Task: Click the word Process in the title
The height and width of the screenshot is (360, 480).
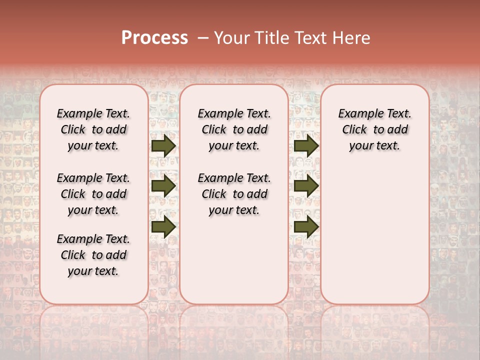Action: coord(154,38)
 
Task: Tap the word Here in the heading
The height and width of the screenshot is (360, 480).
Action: coord(351,38)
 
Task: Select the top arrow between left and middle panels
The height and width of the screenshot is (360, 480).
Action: coord(163,145)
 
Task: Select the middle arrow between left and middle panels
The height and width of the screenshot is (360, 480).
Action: coord(163,186)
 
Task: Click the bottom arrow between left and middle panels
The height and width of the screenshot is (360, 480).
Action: coord(163,226)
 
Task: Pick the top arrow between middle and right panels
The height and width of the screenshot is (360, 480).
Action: coord(306,145)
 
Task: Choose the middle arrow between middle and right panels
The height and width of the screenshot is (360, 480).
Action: coord(306,186)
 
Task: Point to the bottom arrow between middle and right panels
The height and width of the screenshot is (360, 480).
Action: coord(306,226)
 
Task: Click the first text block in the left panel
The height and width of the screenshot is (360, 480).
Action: coord(93,129)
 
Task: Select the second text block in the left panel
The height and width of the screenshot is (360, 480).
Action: coord(93,194)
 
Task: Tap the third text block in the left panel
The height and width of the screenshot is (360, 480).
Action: coord(93,255)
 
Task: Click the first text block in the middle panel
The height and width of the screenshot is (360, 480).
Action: coord(234,129)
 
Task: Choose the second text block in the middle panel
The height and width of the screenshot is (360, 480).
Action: coord(234,194)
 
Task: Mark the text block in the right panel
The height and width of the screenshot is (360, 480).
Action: coord(375,129)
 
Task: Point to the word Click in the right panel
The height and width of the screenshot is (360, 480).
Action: coord(354,130)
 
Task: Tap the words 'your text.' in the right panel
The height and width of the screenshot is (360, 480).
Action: coord(375,146)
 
